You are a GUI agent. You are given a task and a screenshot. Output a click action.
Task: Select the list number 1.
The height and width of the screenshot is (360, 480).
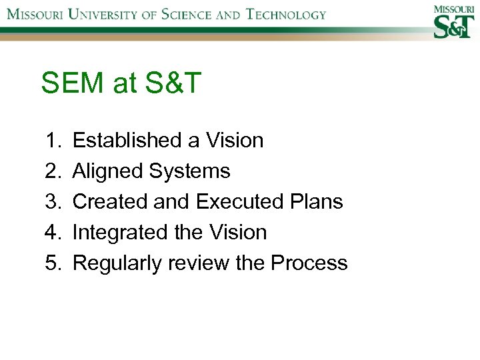click(53, 141)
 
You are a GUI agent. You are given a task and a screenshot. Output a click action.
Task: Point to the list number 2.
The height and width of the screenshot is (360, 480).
click(53, 171)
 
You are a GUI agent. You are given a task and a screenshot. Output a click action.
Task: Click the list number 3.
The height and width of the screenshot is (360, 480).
click(53, 202)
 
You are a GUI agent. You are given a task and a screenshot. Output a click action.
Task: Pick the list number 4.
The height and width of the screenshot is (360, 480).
click(53, 233)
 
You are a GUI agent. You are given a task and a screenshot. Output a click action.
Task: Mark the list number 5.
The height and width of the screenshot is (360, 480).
click(53, 263)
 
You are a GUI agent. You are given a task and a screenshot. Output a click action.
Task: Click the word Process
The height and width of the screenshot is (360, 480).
click(309, 263)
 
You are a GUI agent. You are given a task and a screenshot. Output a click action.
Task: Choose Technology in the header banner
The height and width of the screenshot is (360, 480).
click(286, 14)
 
